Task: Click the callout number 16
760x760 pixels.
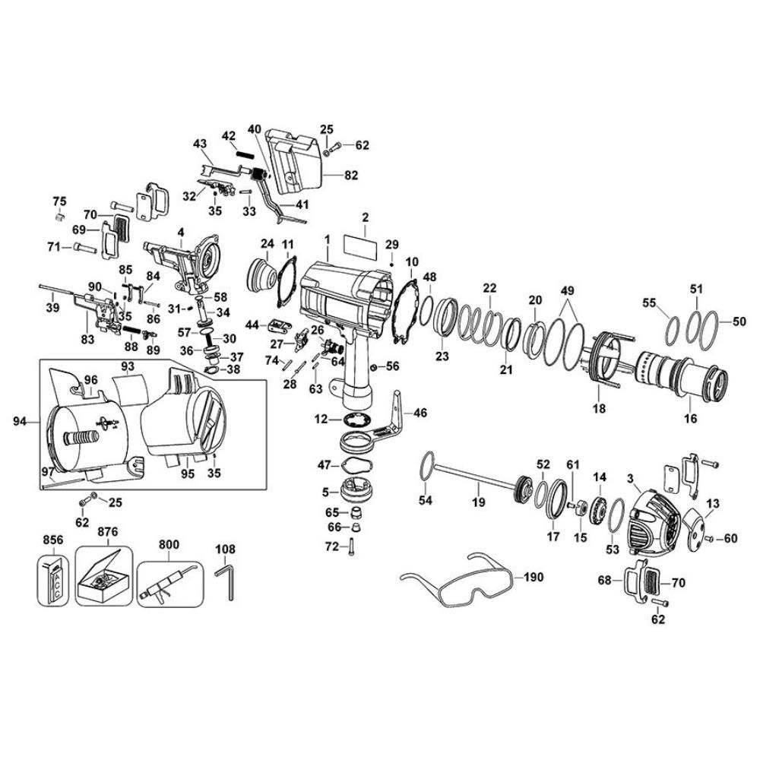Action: point(690,418)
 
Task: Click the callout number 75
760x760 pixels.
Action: point(59,201)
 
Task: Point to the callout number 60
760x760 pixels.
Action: point(730,538)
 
